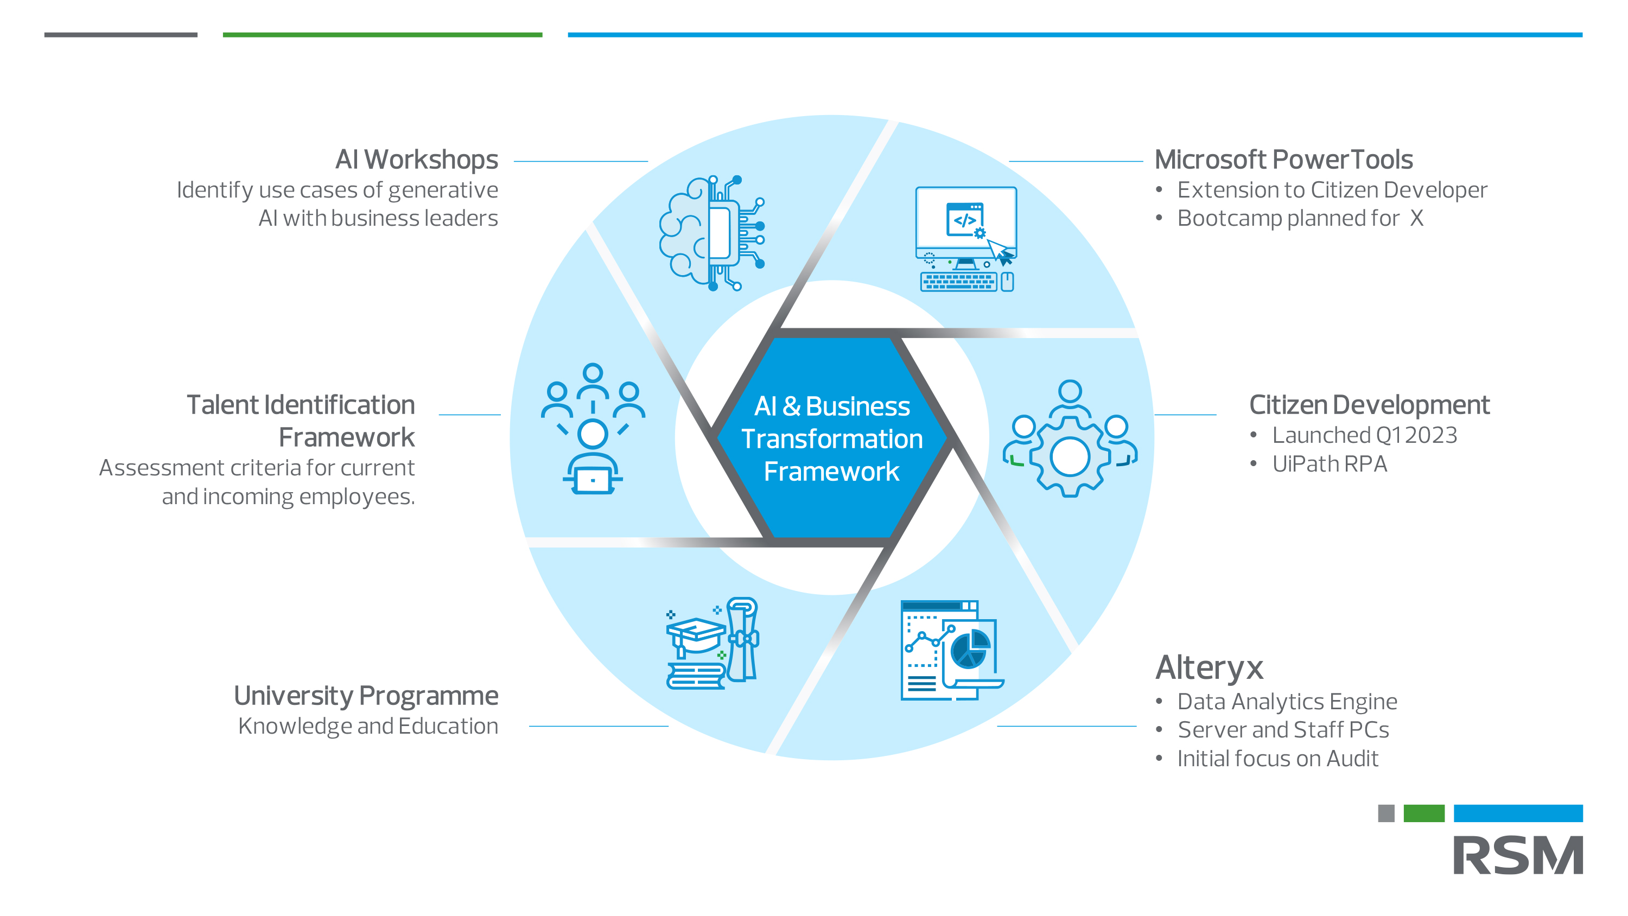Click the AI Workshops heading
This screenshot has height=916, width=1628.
416,160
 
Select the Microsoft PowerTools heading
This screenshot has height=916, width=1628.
1283,160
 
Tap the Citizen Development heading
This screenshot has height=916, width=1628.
1369,405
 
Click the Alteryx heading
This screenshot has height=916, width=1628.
1209,667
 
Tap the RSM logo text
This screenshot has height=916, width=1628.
1517,855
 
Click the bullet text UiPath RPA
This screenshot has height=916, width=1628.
1329,464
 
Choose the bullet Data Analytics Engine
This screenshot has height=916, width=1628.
1287,701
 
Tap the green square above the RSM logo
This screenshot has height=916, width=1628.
1423,813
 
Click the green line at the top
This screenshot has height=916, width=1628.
383,35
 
